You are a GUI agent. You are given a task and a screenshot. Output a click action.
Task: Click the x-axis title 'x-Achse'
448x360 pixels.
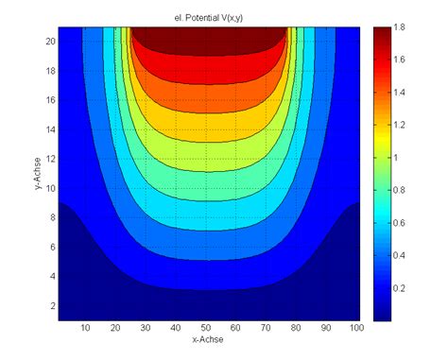209,339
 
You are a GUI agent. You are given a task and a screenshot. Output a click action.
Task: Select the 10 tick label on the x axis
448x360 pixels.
86,327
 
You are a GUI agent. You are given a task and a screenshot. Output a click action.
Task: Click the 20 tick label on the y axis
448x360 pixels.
50,43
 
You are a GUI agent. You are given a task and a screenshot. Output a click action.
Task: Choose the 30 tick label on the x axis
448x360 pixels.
146,327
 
